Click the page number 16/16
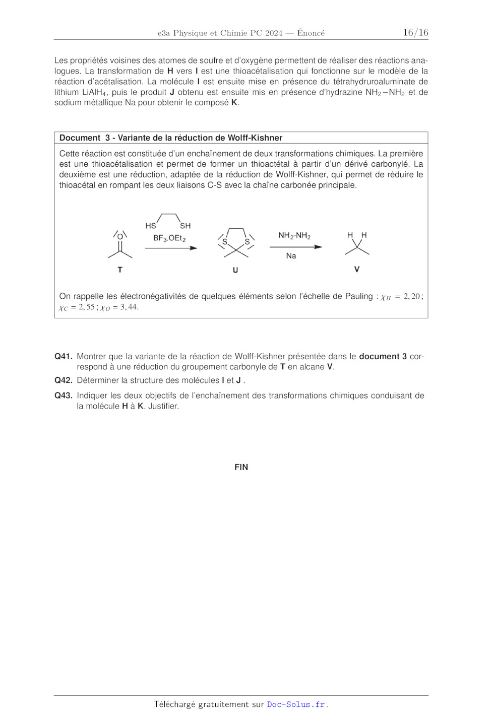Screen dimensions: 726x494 click(415, 33)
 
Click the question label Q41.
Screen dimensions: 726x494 click(63, 356)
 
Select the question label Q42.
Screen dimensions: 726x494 click(63, 380)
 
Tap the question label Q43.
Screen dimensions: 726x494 click(63, 395)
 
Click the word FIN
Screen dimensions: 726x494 click(241, 467)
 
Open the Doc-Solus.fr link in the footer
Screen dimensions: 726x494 click(295, 704)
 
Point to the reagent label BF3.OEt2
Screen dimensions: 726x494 click(169, 238)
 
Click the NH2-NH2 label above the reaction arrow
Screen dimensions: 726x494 click(294, 236)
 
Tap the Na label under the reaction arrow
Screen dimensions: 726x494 click(291, 256)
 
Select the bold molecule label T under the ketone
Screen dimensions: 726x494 click(120, 270)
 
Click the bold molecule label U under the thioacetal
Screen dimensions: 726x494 click(235, 270)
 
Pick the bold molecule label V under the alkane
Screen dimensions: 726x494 click(357, 269)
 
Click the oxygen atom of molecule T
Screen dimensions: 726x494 click(120, 236)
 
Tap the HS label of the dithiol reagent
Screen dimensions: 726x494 click(151, 226)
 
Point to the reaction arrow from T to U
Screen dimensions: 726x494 click(171, 248)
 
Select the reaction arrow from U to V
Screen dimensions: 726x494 click(295, 247)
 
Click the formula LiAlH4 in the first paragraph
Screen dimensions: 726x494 click(95, 92)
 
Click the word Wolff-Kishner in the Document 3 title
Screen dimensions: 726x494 click(255, 138)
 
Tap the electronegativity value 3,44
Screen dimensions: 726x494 click(129, 307)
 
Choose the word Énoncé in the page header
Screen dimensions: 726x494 click(311, 33)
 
